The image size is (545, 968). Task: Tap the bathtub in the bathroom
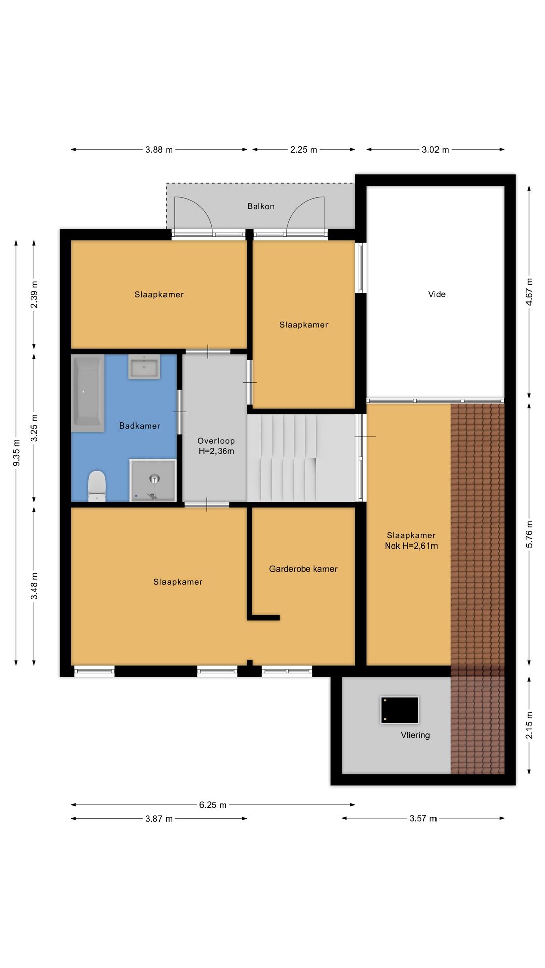click(87, 393)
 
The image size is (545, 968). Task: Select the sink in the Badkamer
click(144, 367)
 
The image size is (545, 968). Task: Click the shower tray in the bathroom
click(153, 480)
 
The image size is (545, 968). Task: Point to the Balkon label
click(260, 206)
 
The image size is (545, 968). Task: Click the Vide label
click(437, 294)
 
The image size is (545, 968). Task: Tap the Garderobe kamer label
click(303, 569)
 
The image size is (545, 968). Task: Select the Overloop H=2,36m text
click(216, 446)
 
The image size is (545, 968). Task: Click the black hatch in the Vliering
click(400, 710)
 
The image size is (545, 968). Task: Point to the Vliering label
click(415, 735)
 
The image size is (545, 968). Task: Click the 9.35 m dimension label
click(16, 453)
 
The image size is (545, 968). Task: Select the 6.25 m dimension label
click(212, 805)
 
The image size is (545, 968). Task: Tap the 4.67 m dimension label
click(529, 291)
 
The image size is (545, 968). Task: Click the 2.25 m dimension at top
click(303, 150)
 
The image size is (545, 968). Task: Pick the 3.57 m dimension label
click(423, 818)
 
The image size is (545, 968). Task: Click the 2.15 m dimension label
click(529, 725)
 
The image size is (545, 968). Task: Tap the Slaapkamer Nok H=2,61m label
click(411, 540)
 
